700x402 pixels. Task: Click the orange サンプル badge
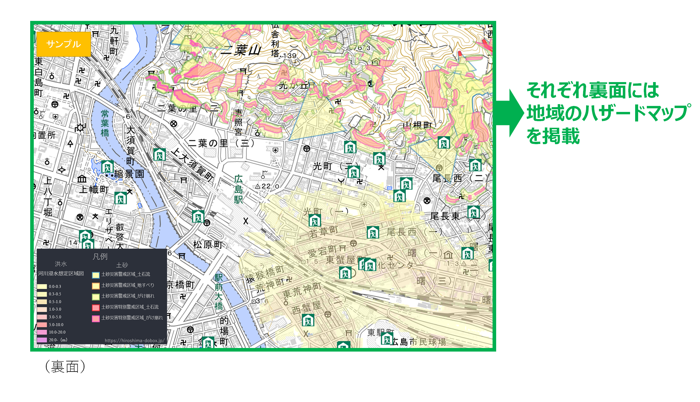pyautogui.click(x=63, y=44)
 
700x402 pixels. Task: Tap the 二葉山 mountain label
pyautogui.click(x=241, y=50)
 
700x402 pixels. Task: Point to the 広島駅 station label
pyautogui.click(x=238, y=189)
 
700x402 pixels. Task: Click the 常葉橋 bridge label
pyautogui.click(x=105, y=123)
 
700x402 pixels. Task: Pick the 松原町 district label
pyautogui.click(x=208, y=245)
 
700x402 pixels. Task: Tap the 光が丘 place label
pyautogui.click(x=293, y=86)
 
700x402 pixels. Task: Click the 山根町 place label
pyautogui.click(x=418, y=125)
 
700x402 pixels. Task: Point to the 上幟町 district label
pyautogui.click(x=94, y=189)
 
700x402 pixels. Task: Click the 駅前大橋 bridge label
pyautogui.click(x=219, y=292)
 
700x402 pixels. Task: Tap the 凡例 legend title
pyautogui.click(x=100, y=256)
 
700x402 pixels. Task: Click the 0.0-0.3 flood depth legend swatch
pyautogui.click(x=42, y=287)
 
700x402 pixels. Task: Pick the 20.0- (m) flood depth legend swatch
pyautogui.click(x=42, y=340)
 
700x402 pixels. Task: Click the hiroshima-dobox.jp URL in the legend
pyautogui.click(x=135, y=341)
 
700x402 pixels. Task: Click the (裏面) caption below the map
pyautogui.click(x=65, y=366)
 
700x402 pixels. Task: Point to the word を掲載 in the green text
pyautogui.click(x=553, y=136)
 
